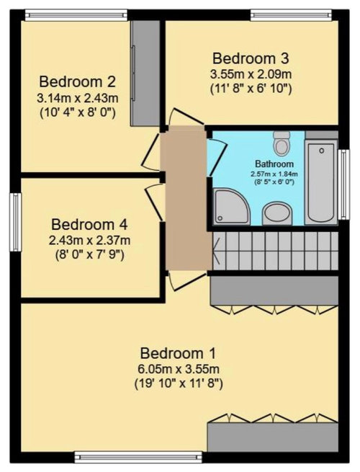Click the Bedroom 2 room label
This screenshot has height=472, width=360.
tap(77, 82)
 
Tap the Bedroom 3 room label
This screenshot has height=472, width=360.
tap(251, 58)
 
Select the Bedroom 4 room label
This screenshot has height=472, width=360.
tap(89, 225)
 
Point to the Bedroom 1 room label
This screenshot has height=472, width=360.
tap(178, 353)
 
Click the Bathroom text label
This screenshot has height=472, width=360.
tap(274, 164)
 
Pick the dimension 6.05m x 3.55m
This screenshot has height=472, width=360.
tap(179, 369)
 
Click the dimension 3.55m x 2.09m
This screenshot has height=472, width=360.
tap(251, 74)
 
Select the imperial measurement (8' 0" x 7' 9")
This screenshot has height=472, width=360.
tap(89, 255)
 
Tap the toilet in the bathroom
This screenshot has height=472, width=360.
tap(282, 143)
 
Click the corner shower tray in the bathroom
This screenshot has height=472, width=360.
tap(231, 207)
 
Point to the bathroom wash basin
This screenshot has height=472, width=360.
tap(277, 213)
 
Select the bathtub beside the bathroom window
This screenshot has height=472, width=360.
tap(321, 182)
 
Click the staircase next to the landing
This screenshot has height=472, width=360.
tap(275, 251)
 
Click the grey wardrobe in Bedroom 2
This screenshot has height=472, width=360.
tap(145, 73)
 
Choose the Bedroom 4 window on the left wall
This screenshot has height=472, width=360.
tap(15, 222)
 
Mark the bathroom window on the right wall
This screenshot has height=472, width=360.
tap(343, 184)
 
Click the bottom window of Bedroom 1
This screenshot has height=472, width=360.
tap(138, 457)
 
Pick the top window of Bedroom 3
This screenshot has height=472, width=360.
tap(291, 15)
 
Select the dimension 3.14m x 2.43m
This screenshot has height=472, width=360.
tap(77, 98)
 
